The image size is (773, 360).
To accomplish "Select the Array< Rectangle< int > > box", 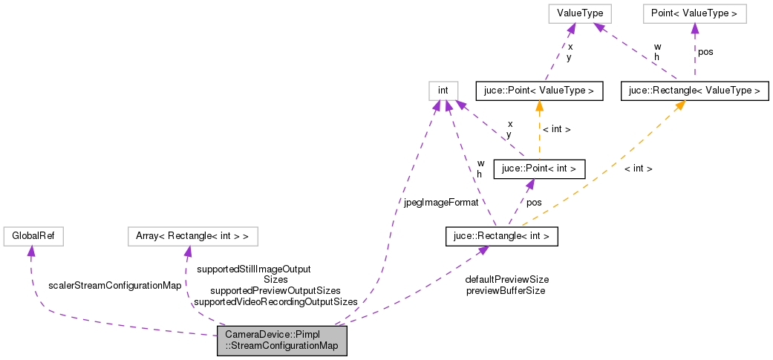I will pyautogui.click(x=192, y=237).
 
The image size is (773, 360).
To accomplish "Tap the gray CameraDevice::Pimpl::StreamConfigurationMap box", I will pyautogui.click(x=281, y=340).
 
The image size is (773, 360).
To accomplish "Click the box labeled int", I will pyautogui.click(x=443, y=91).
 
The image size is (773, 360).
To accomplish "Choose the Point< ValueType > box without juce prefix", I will pyautogui.click(x=694, y=13).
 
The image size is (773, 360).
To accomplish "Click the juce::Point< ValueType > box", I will pyautogui.click(x=538, y=91).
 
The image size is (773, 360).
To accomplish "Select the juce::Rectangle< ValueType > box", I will pyautogui.click(x=694, y=91).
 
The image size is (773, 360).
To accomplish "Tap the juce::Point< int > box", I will pyautogui.click(x=538, y=168).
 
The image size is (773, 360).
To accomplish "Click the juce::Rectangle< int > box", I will pyautogui.click(x=501, y=237).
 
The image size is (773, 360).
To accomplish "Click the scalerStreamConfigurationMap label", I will pyautogui.click(x=115, y=285).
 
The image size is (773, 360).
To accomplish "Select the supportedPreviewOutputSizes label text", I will pyautogui.click(x=275, y=290).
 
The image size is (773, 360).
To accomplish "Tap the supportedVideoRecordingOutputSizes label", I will pyautogui.click(x=275, y=301).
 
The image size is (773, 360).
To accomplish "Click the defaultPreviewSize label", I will pyautogui.click(x=507, y=279).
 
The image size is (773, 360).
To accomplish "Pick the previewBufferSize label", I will pyautogui.click(x=506, y=290).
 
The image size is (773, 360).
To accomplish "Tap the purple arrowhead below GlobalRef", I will pyautogui.click(x=31, y=252).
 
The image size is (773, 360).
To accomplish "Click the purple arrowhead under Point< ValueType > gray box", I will pyautogui.click(x=694, y=28).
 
